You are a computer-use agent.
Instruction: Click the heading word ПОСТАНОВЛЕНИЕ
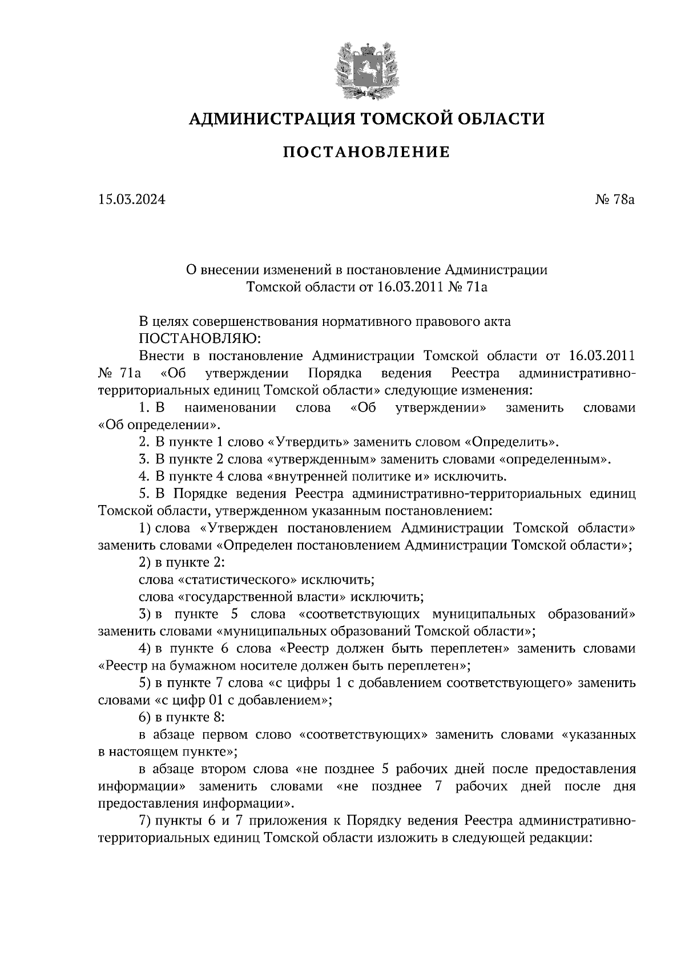pyautogui.click(x=366, y=152)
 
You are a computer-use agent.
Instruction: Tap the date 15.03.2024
pyautogui.click(x=131, y=199)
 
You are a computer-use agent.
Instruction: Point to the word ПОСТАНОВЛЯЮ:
pyautogui.click(x=200, y=338)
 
